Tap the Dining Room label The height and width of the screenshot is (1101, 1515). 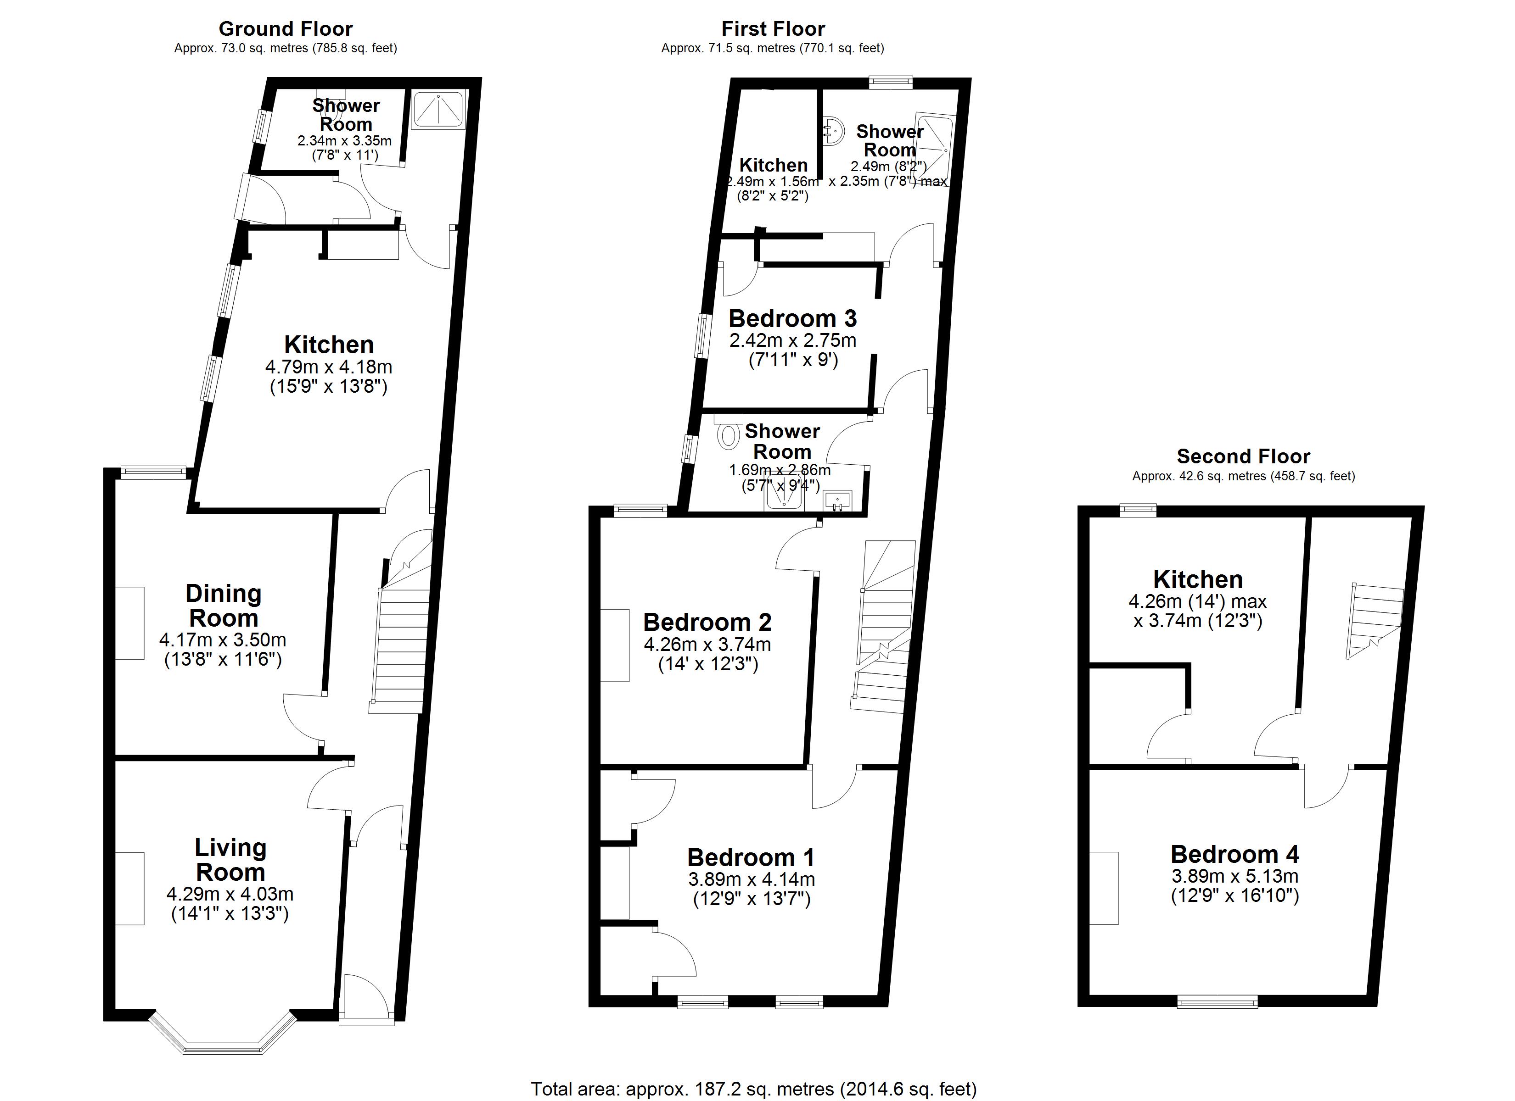pyautogui.click(x=223, y=606)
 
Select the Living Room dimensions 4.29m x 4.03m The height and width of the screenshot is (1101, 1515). pyautogui.click(x=230, y=894)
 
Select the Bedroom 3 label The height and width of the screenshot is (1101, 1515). pyautogui.click(x=792, y=318)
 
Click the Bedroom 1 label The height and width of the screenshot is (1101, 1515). pyautogui.click(x=751, y=857)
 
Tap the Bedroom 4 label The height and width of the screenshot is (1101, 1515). pyautogui.click(x=1234, y=855)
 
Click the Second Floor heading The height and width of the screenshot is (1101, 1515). pyautogui.click(x=1243, y=457)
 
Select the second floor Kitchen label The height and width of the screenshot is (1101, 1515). pyautogui.click(x=1198, y=579)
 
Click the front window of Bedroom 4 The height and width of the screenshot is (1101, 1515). pyautogui.click(x=1217, y=1001)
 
